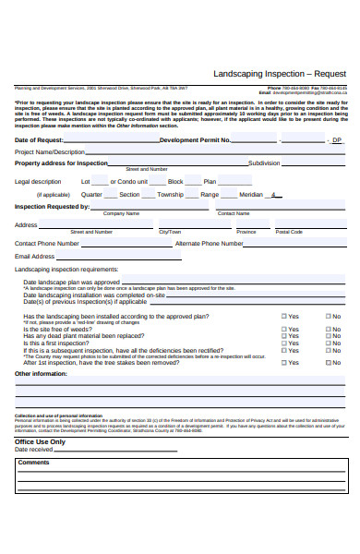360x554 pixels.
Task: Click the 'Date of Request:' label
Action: (40, 139)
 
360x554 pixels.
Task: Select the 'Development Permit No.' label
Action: (196, 139)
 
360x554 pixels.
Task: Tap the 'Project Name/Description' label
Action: (50, 151)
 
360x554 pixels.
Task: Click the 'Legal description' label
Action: (38, 182)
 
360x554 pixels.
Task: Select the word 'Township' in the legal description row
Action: (171, 195)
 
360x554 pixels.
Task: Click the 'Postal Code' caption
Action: (289, 232)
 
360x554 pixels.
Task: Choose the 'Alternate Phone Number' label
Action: (209, 243)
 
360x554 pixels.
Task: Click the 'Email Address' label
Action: (35, 256)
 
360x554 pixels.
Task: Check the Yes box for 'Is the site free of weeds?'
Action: (284, 329)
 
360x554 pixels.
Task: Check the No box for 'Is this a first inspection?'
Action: (327, 343)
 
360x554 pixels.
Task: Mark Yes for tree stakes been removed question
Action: (284, 363)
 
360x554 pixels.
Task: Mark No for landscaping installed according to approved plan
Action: (327, 316)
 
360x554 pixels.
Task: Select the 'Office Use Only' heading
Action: (40, 441)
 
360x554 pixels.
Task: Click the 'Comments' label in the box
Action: (34, 462)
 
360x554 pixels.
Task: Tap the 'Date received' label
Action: (34, 450)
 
